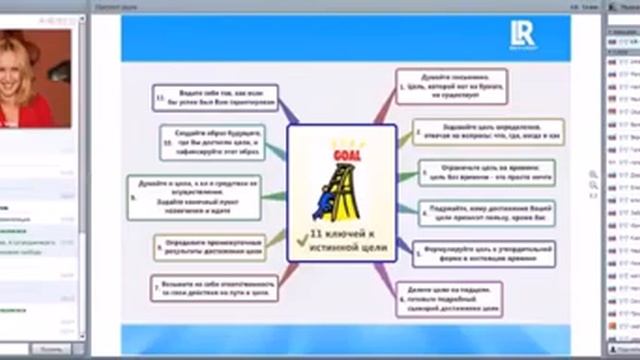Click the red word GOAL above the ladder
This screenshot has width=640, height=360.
coord(336,152)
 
